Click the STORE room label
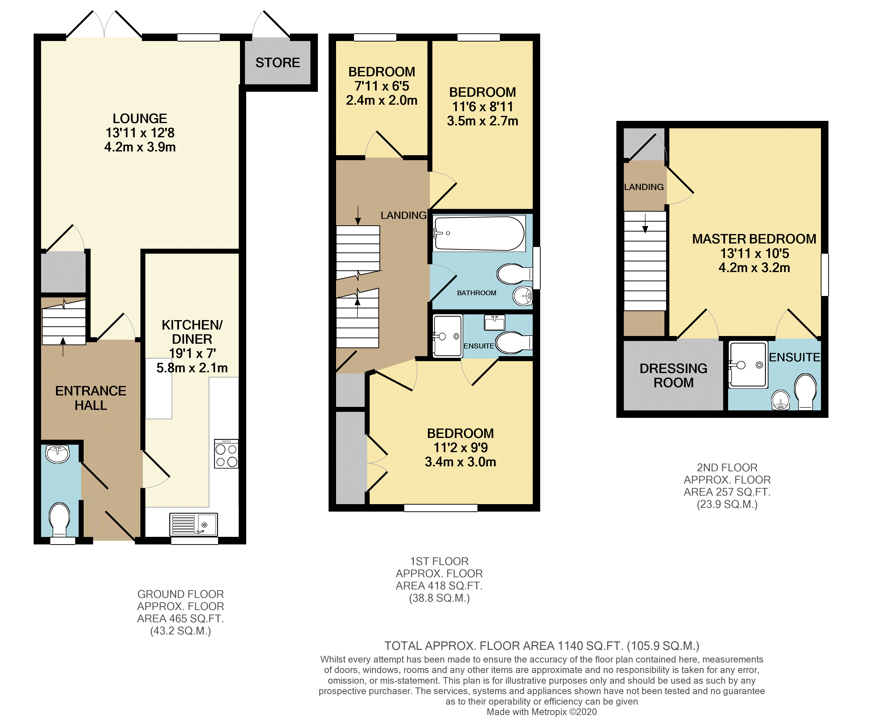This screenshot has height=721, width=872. [277, 63]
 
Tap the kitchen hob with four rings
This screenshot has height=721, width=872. [226, 454]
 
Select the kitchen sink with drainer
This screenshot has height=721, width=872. [193, 524]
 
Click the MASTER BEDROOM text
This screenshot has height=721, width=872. [754, 239]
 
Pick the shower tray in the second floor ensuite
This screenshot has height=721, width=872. [748, 365]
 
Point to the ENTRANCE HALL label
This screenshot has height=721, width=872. [91, 398]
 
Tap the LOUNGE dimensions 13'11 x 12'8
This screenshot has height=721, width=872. [140, 133]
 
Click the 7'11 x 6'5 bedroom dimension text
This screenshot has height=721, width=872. [382, 86]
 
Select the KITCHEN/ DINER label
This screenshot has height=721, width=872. [192, 332]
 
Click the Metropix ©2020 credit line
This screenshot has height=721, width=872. [541, 712]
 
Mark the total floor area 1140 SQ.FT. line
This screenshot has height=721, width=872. [541, 646]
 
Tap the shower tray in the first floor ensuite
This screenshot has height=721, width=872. [448, 336]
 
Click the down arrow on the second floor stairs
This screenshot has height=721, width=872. [645, 223]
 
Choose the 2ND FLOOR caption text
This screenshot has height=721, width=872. [727, 468]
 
